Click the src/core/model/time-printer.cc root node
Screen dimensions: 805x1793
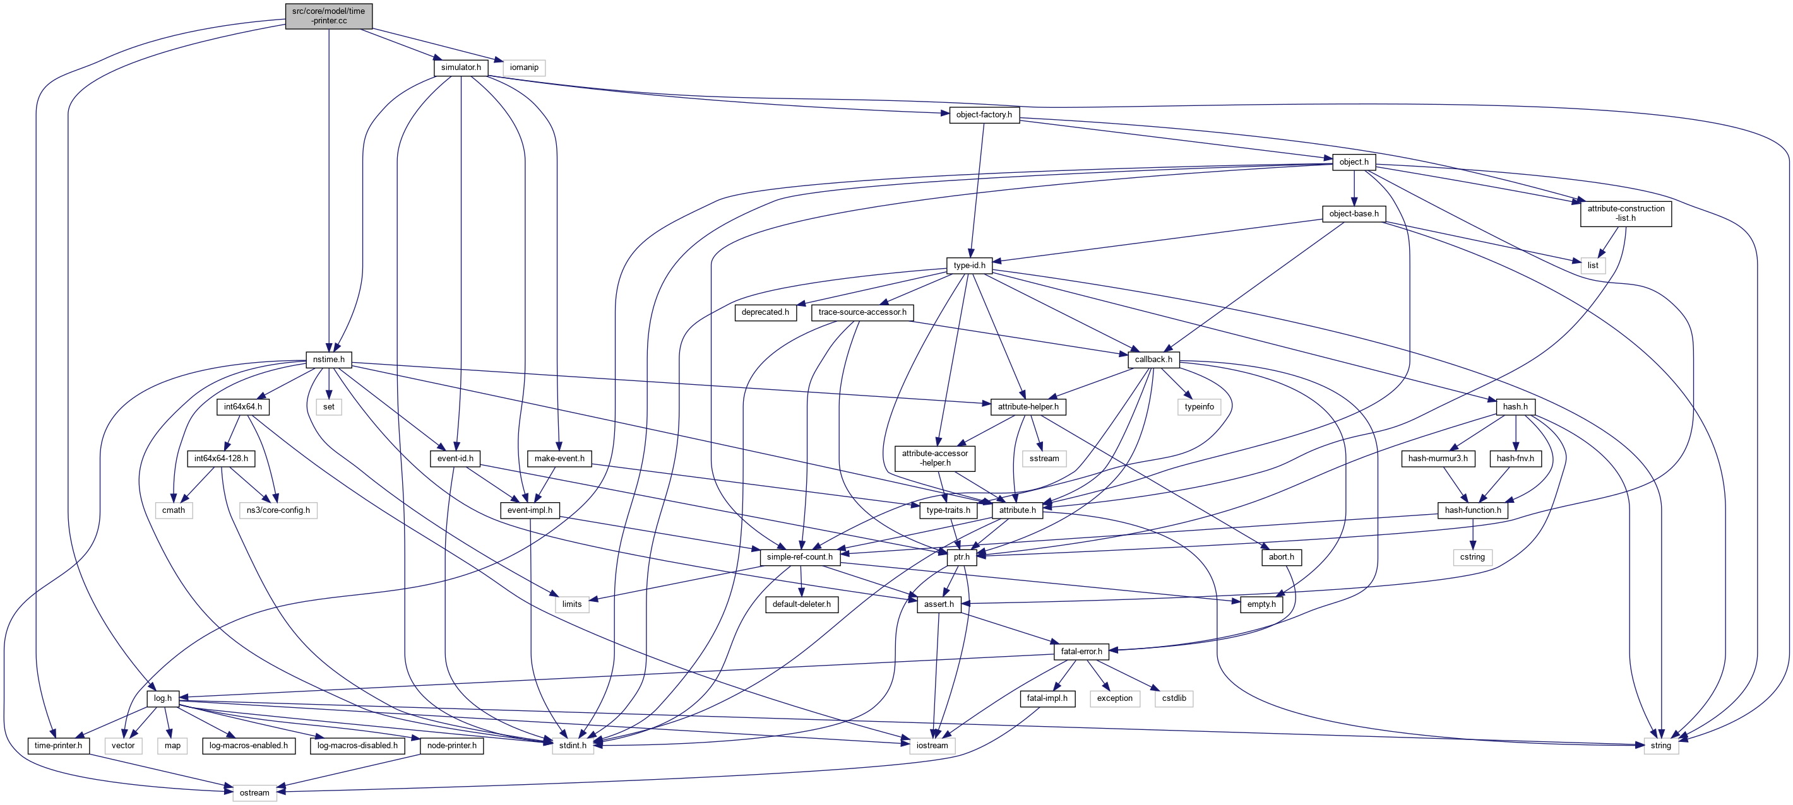click(328, 16)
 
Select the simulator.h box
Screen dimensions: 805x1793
click(461, 68)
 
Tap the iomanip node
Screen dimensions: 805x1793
click(523, 68)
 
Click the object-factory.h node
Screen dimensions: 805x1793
click(984, 115)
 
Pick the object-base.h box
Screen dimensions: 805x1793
click(1353, 214)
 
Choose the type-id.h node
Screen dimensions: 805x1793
click(969, 265)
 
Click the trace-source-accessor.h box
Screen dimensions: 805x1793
click(862, 312)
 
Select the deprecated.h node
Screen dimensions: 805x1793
click(765, 312)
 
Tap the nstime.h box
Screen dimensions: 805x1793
click(328, 360)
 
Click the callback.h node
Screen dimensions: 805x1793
click(1153, 360)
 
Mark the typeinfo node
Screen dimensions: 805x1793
click(1198, 407)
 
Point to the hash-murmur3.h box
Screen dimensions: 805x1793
click(1438, 459)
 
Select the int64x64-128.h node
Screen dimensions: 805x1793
click(220, 459)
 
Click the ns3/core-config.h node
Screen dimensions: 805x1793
click(278, 510)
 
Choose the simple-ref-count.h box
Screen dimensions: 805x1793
click(799, 557)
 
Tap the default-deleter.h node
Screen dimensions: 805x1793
click(801, 604)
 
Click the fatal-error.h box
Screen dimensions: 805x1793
click(1081, 652)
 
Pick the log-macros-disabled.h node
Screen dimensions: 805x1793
click(357, 746)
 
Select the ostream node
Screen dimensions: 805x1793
click(254, 793)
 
